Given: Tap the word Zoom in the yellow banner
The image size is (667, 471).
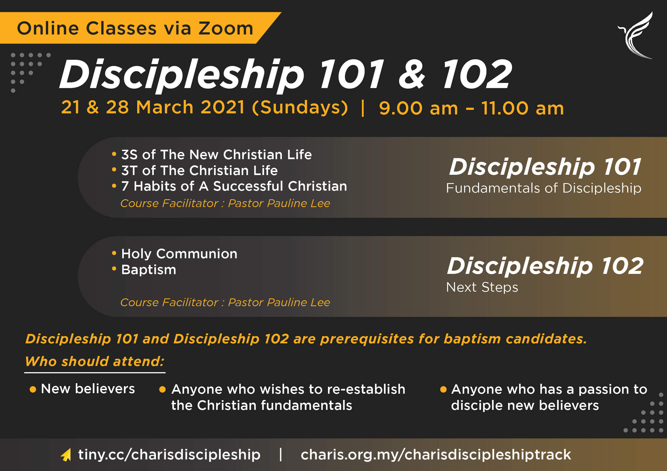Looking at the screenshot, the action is (226, 29).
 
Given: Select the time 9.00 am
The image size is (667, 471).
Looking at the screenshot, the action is (418, 108).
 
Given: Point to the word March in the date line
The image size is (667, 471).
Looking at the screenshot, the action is (165, 107).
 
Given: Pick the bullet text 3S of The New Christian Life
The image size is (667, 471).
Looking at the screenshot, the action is (216, 155).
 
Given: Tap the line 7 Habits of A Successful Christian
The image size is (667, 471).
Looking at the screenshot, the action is (234, 186).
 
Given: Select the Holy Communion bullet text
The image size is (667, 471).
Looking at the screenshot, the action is (179, 254).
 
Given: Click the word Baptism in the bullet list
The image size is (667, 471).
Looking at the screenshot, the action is (149, 270).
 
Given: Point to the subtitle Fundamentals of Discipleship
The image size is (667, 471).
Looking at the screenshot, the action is (544, 188).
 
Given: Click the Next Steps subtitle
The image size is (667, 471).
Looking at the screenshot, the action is (482, 287).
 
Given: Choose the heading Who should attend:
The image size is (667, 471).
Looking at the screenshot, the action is (95, 361).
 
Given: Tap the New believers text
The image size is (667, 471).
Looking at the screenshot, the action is (88, 389).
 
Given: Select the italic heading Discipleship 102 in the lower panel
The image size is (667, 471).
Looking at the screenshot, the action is (545, 266).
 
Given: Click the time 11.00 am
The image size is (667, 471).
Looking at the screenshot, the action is (522, 108).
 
